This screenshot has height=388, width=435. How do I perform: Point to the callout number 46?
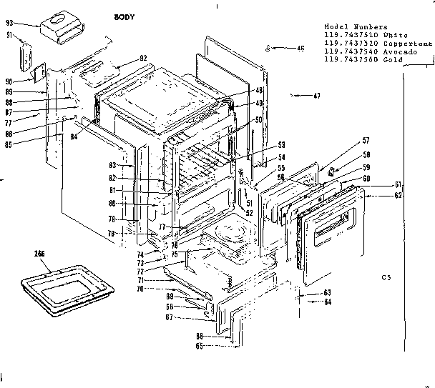280,49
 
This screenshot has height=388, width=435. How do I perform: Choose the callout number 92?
143,58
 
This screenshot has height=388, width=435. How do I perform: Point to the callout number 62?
398,194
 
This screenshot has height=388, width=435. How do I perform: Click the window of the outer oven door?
331,227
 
